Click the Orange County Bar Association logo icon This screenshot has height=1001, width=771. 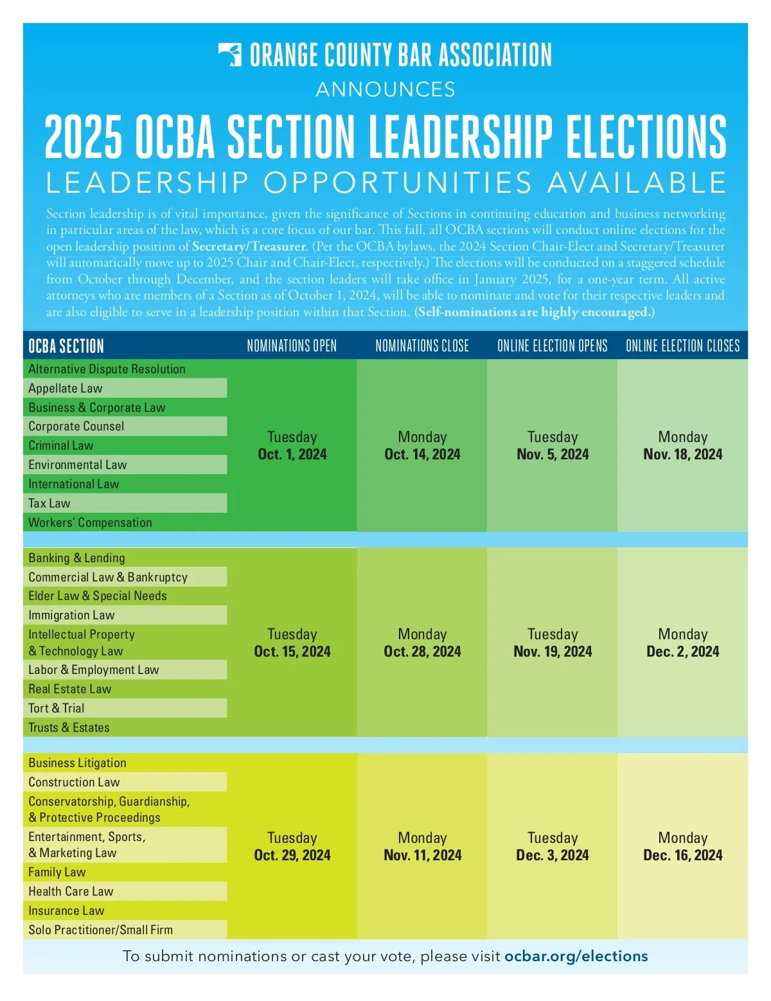coord(230,55)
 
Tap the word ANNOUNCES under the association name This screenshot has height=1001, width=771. coord(385,89)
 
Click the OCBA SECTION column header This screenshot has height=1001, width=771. coord(66,346)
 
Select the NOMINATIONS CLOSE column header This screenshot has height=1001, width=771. coord(422,346)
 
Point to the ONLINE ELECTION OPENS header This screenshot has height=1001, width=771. coord(553,346)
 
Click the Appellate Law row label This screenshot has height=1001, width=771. coord(66,388)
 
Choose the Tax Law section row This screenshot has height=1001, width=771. coord(49,503)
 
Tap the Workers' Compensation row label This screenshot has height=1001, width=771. coord(90,522)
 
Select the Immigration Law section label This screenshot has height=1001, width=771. coord(71,615)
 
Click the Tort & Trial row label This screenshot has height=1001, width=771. coord(57,708)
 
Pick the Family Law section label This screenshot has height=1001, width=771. coord(57,872)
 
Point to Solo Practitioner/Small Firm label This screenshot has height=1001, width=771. coord(100,930)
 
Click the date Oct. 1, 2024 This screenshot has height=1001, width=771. coord(292,454)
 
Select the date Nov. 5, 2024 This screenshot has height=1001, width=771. coord(553,454)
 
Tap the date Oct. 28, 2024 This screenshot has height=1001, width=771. coord(422,651)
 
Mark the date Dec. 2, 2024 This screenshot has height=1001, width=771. coord(682,651)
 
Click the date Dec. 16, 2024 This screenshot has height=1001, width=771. coord(682,855)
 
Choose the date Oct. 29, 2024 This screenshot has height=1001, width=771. coord(292,855)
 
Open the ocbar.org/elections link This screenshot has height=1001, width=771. coord(576,956)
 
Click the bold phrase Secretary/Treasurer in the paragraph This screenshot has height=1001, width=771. coord(249,247)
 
